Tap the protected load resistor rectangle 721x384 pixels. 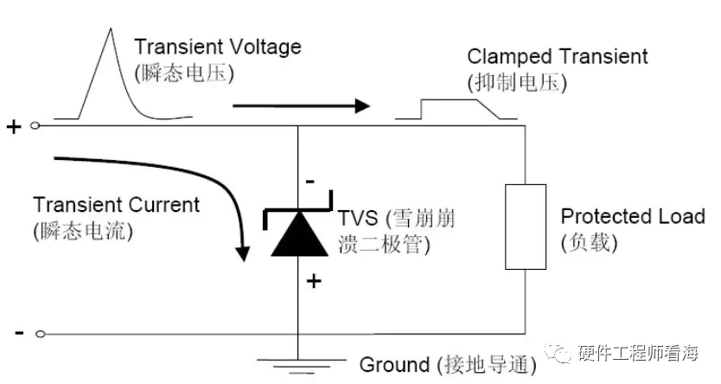(526, 227)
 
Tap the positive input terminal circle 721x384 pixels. (35, 126)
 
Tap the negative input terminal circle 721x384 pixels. (35, 333)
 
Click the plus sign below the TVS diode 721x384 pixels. (312, 281)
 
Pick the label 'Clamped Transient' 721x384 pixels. (557, 57)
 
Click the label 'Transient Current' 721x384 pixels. (116, 205)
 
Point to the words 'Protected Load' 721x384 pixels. (632, 215)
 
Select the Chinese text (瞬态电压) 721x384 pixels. (183, 74)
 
